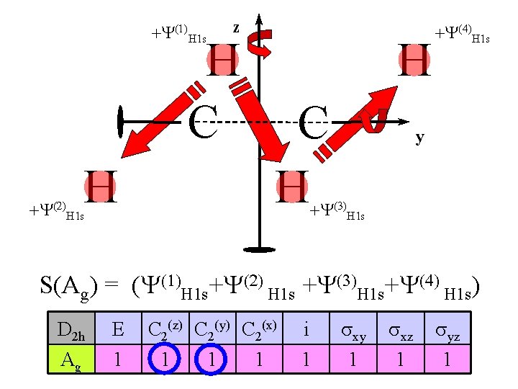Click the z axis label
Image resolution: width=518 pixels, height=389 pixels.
point(235,28)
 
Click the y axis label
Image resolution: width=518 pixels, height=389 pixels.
point(419,137)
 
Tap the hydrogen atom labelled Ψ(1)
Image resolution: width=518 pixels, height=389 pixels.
point(224,61)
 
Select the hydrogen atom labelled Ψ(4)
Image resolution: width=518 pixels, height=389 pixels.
point(415,60)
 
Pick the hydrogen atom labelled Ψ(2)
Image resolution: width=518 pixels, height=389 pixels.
point(100,187)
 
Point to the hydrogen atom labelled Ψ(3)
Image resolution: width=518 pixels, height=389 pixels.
point(293,187)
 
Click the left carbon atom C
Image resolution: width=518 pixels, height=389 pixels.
point(203,122)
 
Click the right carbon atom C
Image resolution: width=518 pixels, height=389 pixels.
point(313,123)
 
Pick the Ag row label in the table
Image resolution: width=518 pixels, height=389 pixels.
point(70,358)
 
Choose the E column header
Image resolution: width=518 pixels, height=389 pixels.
point(117,331)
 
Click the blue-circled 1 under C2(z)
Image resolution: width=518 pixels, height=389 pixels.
point(165,358)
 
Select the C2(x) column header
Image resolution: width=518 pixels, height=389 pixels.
point(260,331)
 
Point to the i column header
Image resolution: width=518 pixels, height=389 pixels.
point(306,331)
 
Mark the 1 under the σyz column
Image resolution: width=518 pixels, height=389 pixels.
point(446,358)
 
